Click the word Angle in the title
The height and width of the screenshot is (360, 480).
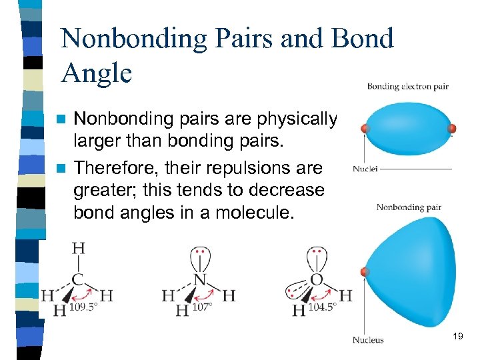pos(97,73)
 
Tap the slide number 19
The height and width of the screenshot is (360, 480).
pos(457,337)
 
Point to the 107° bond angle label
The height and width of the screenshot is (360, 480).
pos(201,308)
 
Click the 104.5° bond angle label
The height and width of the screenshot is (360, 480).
pos(323,308)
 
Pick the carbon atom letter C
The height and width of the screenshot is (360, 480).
pos(79,278)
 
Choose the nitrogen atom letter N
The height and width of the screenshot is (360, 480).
pos(199,279)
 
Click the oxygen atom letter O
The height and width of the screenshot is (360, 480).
pos(317,279)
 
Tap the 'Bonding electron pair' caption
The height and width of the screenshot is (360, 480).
pos(407,86)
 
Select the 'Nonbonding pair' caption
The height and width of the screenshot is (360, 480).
pos(409,207)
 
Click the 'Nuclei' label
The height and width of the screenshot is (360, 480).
pos(365,169)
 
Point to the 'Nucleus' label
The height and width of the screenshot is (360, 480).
pos(368,339)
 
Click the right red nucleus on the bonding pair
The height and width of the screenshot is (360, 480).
pos(451,128)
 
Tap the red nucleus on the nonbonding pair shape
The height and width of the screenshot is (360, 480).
pos(364,272)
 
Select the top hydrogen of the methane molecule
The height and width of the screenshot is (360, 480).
pos(79,249)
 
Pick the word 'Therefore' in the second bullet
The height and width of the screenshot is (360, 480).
pos(107,168)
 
